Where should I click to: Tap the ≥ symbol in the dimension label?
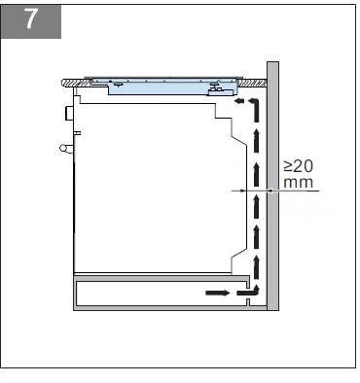click(289, 166)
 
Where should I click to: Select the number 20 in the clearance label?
click(305, 166)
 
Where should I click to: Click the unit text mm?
click(298, 182)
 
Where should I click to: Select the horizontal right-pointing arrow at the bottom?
click(218, 291)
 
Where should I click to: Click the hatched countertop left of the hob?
click(73, 83)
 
